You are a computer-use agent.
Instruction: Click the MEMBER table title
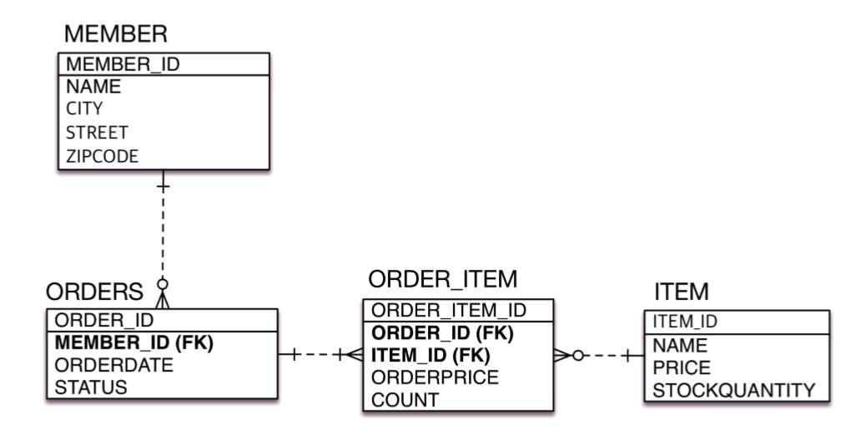click(x=116, y=34)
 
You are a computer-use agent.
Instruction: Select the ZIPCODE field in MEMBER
click(x=103, y=156)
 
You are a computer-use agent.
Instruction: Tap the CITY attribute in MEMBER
click(x=85, y=109)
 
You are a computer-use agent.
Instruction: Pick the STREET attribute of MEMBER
click(x=97, y=132)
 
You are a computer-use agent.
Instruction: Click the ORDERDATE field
click(x=114, y=365)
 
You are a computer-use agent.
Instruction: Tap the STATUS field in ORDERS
click(x=91, y=387)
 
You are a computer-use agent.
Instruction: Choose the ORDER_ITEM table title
click(x=443, y=279)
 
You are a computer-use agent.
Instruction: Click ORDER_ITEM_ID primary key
click(x=448, y=311)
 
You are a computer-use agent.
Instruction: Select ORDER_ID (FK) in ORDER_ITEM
click(x=441, y=333)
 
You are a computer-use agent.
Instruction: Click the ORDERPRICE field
click(x=435, y=377)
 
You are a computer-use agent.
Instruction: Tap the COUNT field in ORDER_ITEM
click(x=405, y=400)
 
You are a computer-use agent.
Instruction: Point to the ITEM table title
click(x=682, y=292)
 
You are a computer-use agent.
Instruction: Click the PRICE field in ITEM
click(x=682, y=367)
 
